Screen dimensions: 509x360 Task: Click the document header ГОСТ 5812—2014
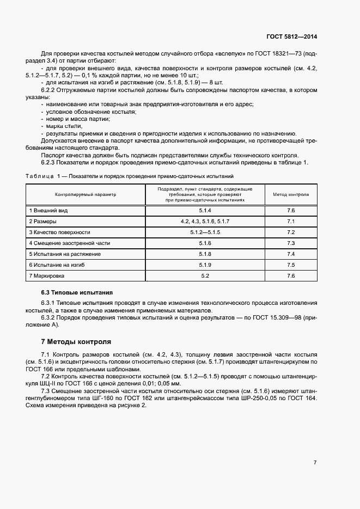291,37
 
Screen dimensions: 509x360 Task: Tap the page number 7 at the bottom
315,463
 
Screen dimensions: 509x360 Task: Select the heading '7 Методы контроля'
76,342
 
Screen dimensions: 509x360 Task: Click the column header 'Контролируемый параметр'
85,194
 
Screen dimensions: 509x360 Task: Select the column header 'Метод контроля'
290,194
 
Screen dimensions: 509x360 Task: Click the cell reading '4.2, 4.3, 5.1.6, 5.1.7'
205,221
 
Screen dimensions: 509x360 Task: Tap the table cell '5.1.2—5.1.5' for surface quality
205,232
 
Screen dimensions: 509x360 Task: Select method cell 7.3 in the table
290,243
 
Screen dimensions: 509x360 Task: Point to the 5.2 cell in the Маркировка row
205,276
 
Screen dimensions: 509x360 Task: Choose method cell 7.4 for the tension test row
290,254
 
